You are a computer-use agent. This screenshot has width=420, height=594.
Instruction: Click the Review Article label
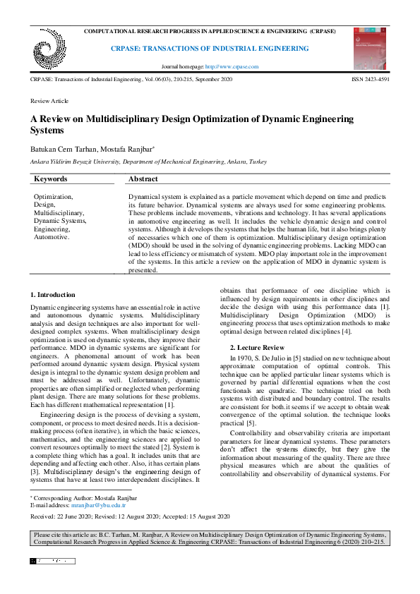49,102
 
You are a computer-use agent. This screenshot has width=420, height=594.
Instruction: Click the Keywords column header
51,180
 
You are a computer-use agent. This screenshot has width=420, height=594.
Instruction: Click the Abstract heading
143,180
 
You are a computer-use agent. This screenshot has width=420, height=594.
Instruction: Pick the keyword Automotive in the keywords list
51,237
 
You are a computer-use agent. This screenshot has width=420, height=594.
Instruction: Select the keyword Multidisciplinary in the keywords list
59,212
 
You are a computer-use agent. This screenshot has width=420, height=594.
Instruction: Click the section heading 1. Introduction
53,294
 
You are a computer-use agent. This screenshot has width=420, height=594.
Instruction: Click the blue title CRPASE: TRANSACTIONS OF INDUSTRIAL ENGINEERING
210,49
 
